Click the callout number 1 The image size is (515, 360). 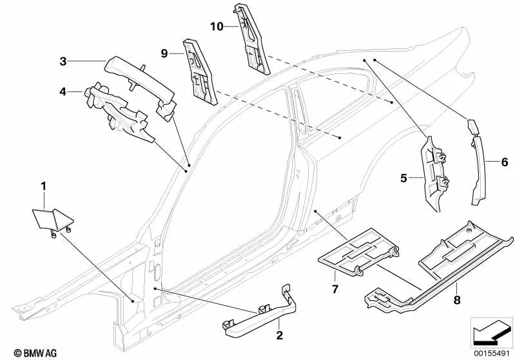tap(44, 187)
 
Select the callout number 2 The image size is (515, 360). tap(280, 336)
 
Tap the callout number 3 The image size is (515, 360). tap(63, 62)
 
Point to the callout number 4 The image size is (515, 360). tap(63, 91)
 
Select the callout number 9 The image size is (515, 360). tap(164, 54)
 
